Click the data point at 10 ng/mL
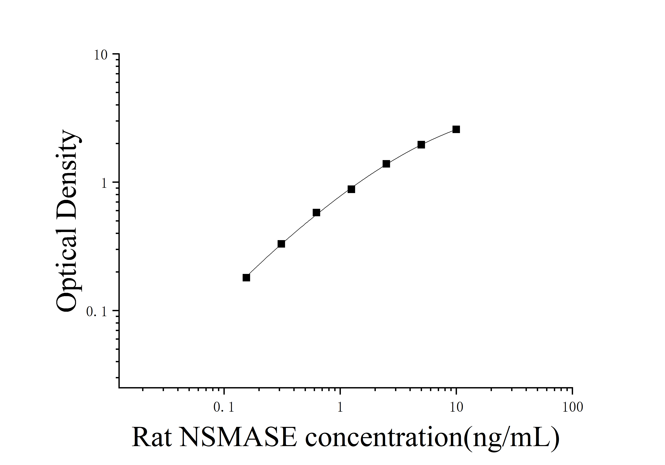[456, 129]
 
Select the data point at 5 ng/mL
[421, 145]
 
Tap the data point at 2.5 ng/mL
[386, 164]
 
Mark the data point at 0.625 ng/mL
[316, 213]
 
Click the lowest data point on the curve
[246, 278]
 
